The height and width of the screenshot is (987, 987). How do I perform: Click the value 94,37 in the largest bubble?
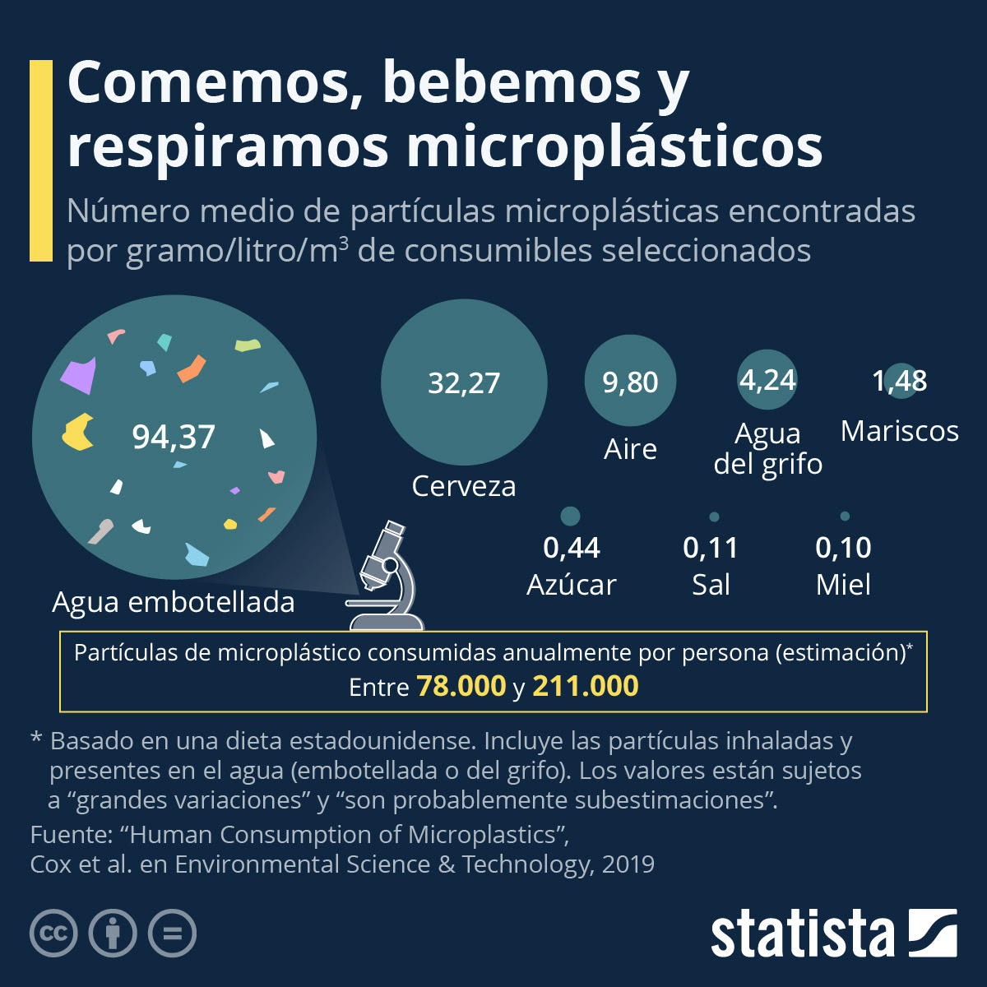174,437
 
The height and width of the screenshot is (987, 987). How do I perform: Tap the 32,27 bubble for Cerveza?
464,382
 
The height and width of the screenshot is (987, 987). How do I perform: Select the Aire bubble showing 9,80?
630,382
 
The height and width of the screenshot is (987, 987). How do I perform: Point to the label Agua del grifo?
767,448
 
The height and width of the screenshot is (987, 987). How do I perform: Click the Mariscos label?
900,431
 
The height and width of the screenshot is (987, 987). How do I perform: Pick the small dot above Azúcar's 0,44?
570,516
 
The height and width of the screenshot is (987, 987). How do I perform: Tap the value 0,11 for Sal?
711,548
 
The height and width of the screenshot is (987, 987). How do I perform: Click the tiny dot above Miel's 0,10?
845,517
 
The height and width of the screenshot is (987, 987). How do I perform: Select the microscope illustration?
387,572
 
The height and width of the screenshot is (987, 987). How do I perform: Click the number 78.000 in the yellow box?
461,686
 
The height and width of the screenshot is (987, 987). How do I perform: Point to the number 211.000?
585,686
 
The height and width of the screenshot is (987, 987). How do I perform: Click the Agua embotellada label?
174,602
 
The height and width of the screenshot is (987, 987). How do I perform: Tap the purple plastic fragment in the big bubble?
79,375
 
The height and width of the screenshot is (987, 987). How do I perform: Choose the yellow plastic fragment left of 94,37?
77,433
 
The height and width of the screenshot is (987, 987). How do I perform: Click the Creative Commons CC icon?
53,934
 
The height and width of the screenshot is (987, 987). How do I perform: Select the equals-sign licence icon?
172,934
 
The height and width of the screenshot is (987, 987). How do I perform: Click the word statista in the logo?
802,934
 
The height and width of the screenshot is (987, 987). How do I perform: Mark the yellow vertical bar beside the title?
40,160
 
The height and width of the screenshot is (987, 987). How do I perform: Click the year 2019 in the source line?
628,864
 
